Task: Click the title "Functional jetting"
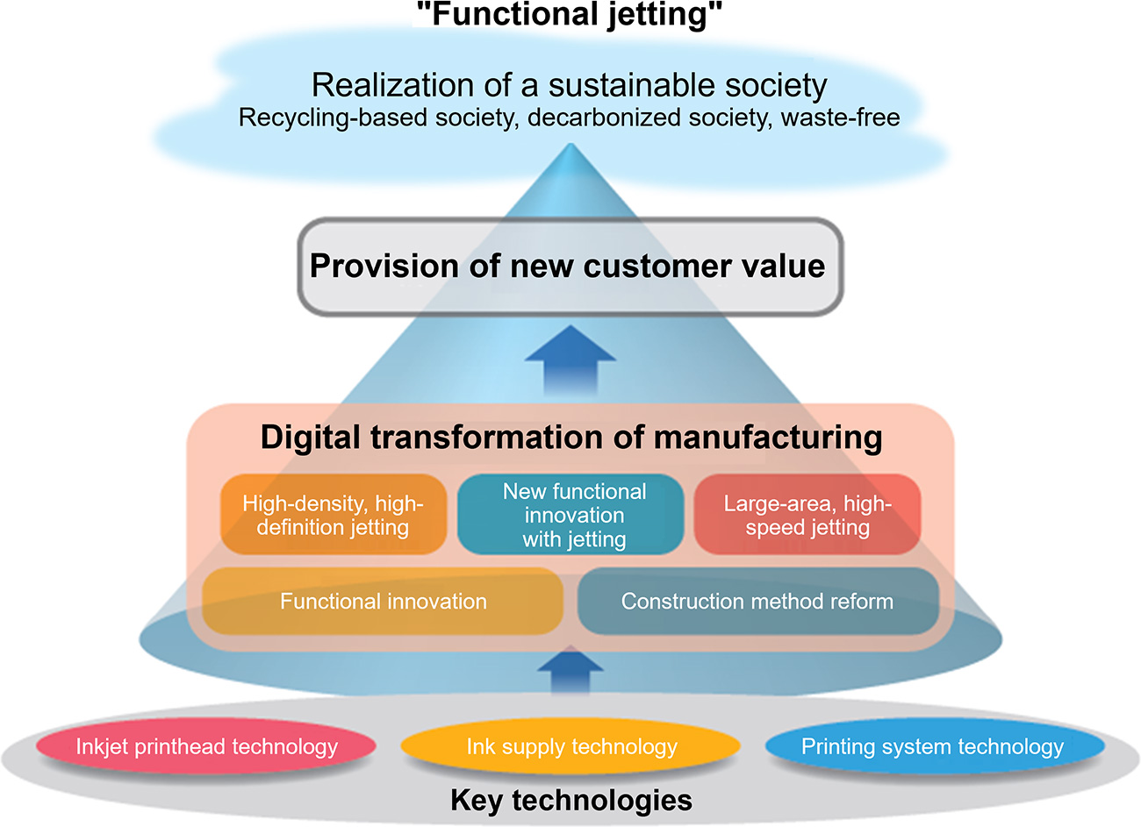(569, 16)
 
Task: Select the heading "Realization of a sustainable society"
(569, 85)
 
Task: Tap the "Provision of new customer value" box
(569, 267)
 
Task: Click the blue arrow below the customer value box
(570, 360)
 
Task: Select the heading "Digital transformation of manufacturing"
(570, 437)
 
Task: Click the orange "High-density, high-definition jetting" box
(333, 515)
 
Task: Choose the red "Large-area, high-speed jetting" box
(807, 515)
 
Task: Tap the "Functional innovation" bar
(383, 602)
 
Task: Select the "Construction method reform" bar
(757, 602)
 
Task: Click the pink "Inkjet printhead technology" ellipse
(206, 747)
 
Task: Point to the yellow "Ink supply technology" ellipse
(571, 747)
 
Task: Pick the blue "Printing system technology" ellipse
(932, 747)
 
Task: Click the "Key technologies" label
(570, 800)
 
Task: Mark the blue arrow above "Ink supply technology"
(570, 674)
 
